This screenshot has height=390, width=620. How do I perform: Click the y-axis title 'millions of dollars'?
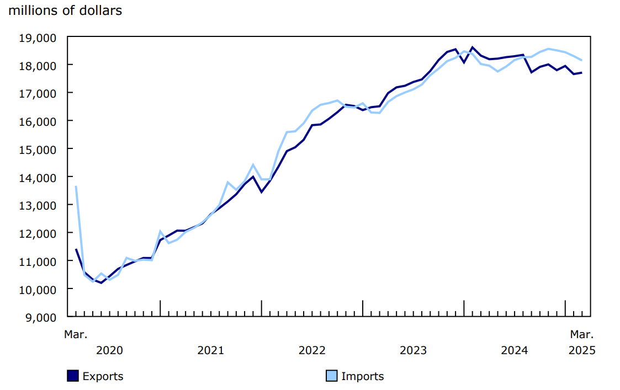pos(65,10)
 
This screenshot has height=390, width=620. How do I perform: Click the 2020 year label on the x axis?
pos(109,350)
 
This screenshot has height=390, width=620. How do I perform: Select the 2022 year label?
pos(312,350)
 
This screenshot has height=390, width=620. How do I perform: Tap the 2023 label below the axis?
pos(413,350)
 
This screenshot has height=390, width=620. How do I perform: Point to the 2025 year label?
pos(582,350)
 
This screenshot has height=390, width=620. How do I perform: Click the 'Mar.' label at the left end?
pos(76,334)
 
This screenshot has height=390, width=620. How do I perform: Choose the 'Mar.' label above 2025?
pos(582,334)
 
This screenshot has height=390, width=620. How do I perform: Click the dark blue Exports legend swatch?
pos(73,376)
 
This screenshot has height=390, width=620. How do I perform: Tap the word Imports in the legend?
pos(362,376)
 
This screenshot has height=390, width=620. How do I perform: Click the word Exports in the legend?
pos(103,376)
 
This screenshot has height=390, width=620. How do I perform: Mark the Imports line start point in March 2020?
pos(76,186)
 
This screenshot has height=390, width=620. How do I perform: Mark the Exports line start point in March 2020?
pos(76,249)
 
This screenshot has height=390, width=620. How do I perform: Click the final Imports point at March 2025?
pos(582,60)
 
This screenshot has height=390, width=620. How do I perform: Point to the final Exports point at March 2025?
pos(582,73)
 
